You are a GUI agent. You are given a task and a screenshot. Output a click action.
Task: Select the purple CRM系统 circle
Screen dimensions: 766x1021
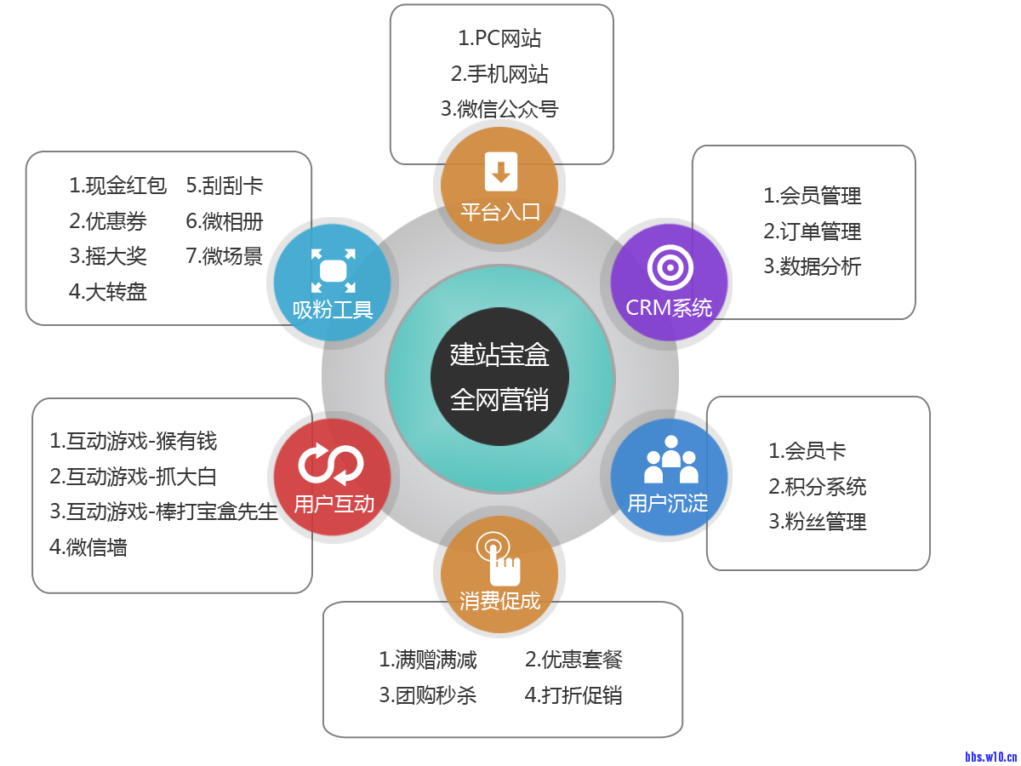670,282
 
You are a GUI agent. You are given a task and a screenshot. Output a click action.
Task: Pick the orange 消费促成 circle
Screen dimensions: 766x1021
499,575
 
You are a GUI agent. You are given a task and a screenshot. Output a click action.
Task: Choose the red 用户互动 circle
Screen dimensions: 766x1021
332,477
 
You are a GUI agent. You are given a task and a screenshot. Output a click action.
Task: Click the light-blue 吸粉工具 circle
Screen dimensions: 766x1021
332,282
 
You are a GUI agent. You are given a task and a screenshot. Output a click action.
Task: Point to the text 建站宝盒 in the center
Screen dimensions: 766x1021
499,354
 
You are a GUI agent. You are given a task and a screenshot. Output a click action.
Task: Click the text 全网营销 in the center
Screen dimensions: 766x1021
499,399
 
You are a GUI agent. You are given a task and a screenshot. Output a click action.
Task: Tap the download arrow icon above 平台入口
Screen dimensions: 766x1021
500,171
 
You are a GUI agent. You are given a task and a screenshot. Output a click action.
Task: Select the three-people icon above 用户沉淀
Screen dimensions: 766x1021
670,460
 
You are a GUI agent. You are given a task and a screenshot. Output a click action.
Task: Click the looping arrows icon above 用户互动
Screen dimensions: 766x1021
331,464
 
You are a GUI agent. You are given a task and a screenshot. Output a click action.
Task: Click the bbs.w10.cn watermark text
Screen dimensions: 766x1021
991,756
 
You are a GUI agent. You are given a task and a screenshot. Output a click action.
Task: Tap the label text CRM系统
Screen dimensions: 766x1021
670,308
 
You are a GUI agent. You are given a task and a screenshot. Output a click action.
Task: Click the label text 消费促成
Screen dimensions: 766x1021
499,601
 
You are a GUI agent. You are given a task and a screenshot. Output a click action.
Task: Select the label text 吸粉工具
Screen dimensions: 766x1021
333,309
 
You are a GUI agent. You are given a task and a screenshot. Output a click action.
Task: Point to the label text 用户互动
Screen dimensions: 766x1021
334,504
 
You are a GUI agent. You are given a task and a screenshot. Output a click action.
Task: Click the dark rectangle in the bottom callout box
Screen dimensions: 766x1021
500,677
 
